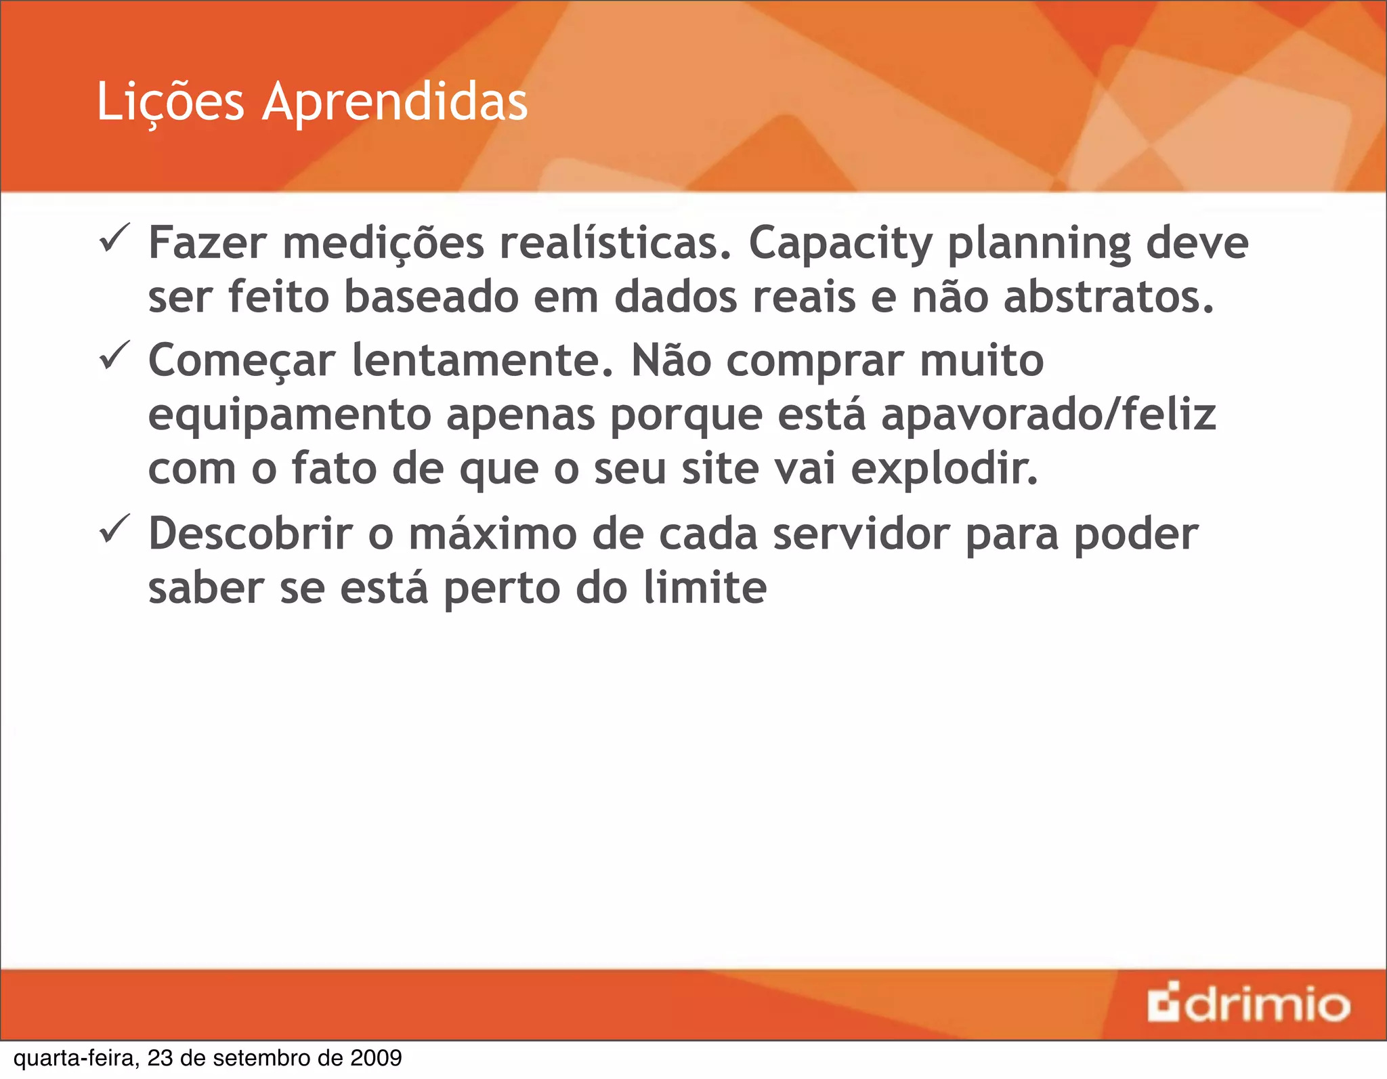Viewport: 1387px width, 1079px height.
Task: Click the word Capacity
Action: [x=840, y=244]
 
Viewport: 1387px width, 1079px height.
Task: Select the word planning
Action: [x=1039, y=244]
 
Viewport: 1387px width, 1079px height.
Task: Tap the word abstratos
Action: [x=1109, y=298]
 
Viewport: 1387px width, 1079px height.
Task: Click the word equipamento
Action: [x=289, y=416]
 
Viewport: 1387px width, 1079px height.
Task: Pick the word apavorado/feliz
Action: [x=1048, y=415]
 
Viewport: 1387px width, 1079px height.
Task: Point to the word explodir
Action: [x=944, y=469]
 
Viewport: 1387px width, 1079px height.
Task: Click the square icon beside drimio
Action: [x=1164, y=1004]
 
